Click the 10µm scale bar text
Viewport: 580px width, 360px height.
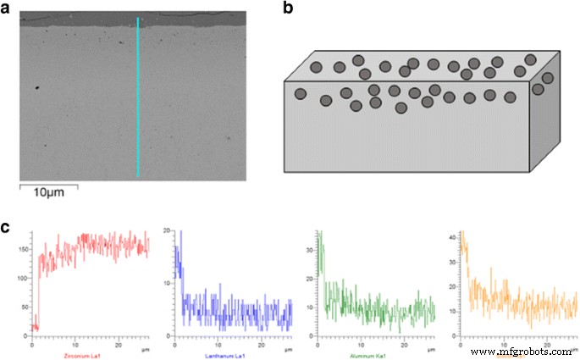click(49, 194)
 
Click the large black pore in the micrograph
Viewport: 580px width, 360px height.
click(38, 86)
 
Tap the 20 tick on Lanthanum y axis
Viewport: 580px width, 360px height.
click(168, 230)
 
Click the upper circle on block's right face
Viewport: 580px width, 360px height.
click(547, 78)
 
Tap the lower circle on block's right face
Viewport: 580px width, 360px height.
click(537, 89)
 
